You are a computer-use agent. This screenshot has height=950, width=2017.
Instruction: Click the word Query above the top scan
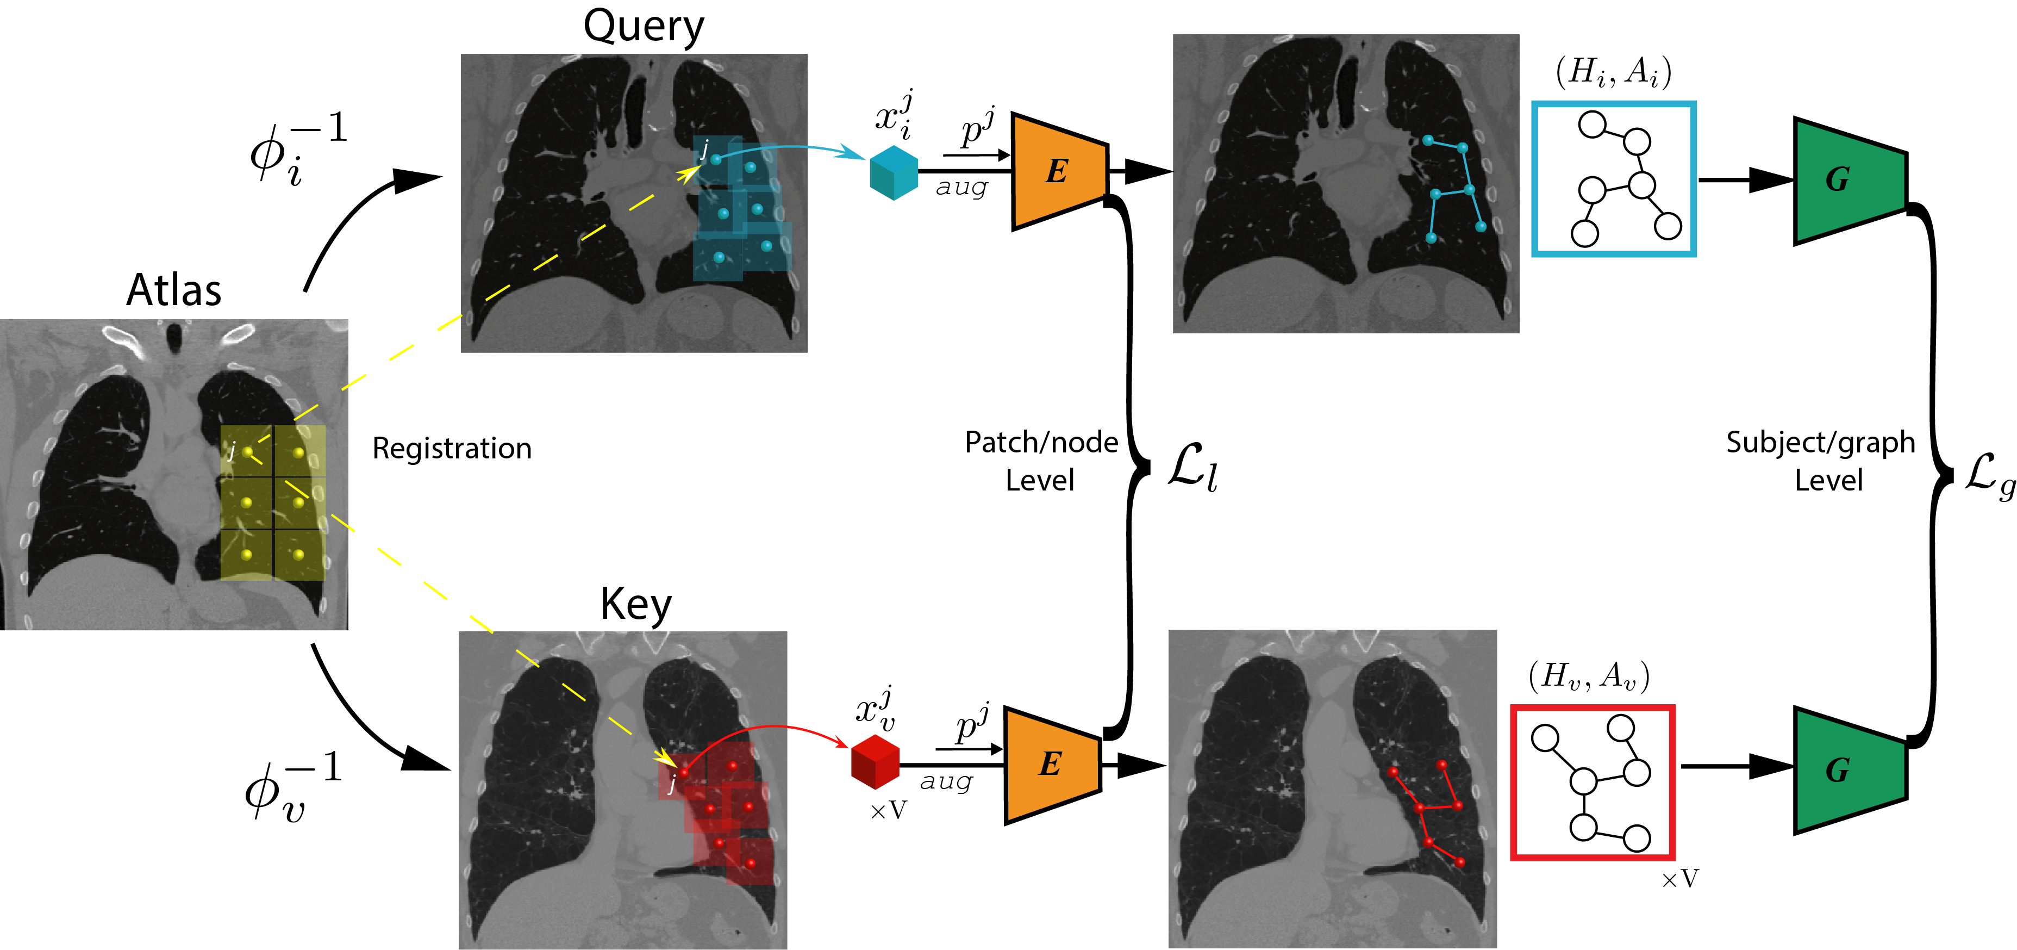pyautogui.click(x=643, y=27)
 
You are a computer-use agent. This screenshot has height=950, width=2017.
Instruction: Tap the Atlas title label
pyautogui.click(x=174, y=290)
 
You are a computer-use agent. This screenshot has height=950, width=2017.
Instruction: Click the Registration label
pyautogui.click(x=452, y=449)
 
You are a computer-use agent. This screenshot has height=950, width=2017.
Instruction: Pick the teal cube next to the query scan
pyautogui.click(x=894, y=173)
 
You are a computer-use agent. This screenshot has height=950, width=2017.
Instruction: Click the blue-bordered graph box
pyautogui.click(x=1614, y=178)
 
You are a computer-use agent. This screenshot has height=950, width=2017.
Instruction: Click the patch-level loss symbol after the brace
pyautogui.click(x=1192, y=468)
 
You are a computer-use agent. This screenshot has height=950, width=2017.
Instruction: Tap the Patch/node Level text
pyautogui.click(x=1041, y=461)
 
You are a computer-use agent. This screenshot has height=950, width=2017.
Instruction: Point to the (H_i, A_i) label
pyautogui.click(x=1613, y=72)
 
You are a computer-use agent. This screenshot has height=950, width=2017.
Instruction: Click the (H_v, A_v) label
pyautogui.click(x=1589, y=675)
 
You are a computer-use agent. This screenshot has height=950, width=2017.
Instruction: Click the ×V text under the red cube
pyautogui.click(x=888, y=811)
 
